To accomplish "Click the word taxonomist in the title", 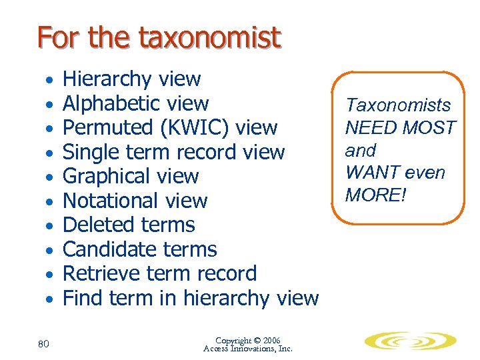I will pyautogui.click(x=209, y=38).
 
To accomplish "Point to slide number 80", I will pyautogui.click(x=43, y=343).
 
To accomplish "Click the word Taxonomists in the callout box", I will pyautogui.click(x=397, y=105).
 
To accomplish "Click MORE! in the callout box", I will pyautogui.click(x=374, y=195).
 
